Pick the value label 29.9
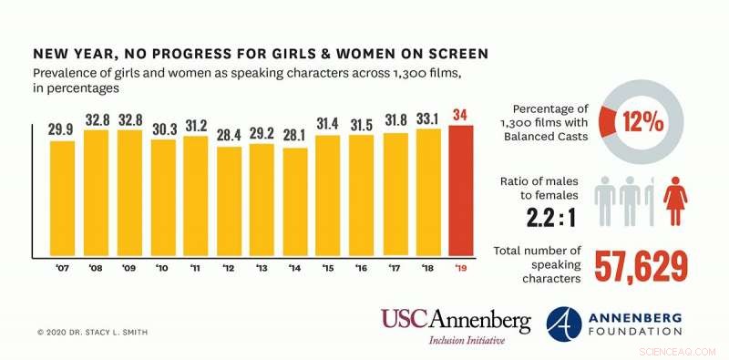pyautogui.click(x=62, y=129)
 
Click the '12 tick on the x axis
pyautogui.click(x=230, y=268)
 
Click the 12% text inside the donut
pyautogui.click(x=642, y=120)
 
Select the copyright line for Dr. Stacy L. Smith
pyautogui.click(x=93, y=332)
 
